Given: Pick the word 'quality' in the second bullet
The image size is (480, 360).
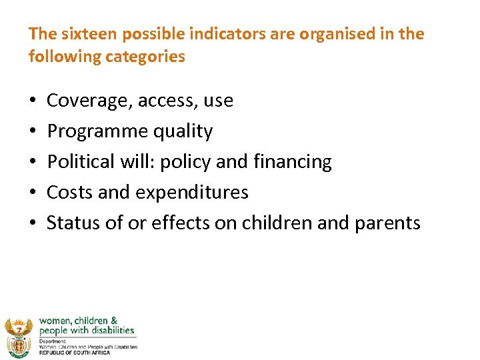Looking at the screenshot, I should coord(183,132).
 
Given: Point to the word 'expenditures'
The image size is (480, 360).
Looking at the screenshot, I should coord(192,193).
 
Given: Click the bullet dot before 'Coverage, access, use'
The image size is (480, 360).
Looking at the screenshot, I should coord(33,101).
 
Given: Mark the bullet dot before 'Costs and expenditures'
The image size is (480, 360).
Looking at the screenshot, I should coord(33,193).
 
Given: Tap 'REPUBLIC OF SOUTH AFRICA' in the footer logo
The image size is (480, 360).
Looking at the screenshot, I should coord(75,352).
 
